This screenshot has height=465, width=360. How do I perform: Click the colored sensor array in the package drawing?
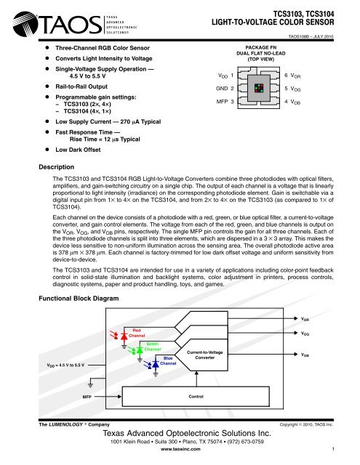point(259,88)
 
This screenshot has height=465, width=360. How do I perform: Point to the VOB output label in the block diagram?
point(308,355)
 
